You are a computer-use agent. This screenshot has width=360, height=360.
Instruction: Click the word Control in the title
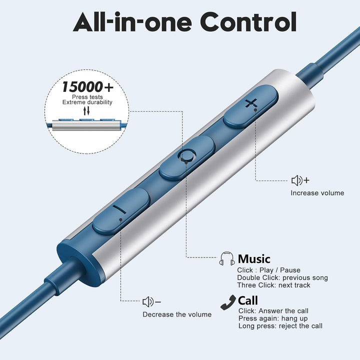point(248,22)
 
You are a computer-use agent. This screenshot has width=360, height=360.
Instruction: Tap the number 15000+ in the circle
point(87,87)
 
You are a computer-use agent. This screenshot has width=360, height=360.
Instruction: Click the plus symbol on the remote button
point(251,103)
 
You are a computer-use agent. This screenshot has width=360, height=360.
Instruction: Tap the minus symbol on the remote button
point(119,209)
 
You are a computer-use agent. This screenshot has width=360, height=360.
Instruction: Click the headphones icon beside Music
point(227,258)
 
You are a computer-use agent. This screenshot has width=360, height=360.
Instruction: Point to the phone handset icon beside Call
point(228,302)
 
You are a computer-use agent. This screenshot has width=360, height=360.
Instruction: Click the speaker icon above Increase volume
point(300,180)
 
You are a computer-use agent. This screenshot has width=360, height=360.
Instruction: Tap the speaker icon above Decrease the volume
point(151,301)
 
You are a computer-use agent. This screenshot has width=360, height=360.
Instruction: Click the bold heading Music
point(254,259)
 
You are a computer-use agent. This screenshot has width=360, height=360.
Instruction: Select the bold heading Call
point(247,300)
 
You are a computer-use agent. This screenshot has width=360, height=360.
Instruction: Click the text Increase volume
point(317,193)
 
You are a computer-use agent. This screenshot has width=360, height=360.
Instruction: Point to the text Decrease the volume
point(177,314)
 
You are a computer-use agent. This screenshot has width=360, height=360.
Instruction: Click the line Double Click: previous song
point(282,277)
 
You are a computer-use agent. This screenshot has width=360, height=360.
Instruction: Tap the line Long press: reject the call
point(280,326)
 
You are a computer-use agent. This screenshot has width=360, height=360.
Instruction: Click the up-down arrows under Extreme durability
point(86,110)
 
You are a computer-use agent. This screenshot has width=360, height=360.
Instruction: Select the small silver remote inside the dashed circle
point(86,125)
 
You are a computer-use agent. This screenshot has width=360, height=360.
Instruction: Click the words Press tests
point(87,97)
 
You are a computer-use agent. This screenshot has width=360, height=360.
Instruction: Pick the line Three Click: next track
point(273,285)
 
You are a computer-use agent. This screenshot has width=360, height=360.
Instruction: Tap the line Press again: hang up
point(273,318)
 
